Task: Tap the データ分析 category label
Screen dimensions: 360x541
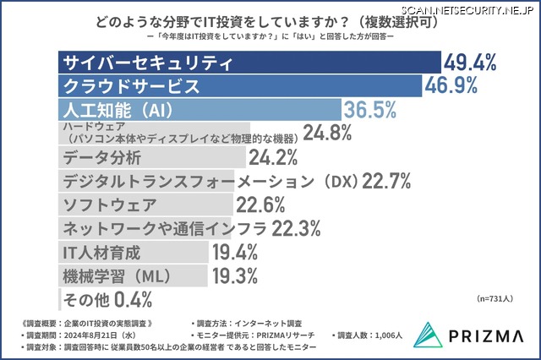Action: [97, 157]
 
